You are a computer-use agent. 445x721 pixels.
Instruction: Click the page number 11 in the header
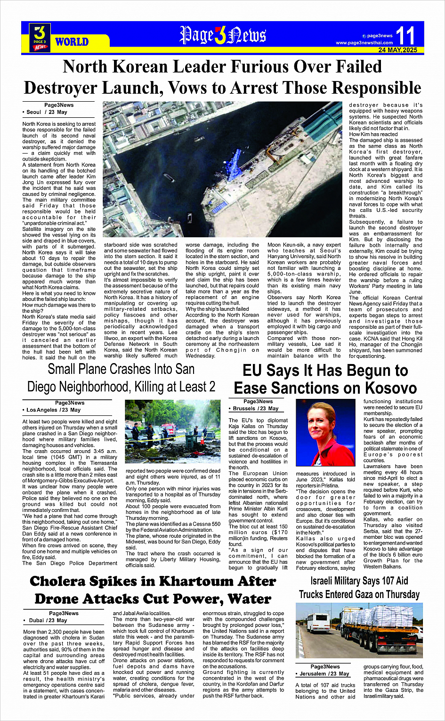coord(405,36)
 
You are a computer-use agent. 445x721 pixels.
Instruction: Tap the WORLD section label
coord(72,42)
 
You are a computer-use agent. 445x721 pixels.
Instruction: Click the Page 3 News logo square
coord(40,37)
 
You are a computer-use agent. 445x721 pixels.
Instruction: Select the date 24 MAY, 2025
coord(397,50)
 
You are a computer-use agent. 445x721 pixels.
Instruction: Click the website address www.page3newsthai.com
coord(364,43)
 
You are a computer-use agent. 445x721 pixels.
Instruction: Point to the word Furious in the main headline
coord(251,67)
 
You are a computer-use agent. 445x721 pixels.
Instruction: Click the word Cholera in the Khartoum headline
coord(70,581)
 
